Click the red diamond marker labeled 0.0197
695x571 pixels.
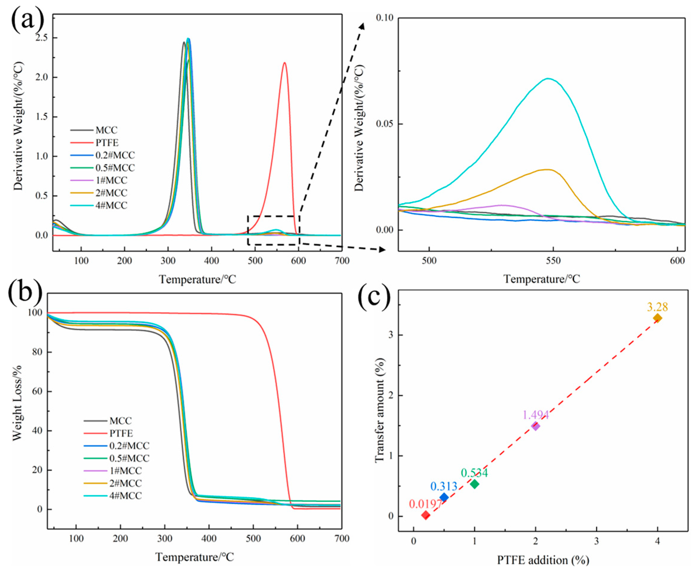tap(425, 515)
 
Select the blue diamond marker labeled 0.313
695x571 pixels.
tap(444, 497)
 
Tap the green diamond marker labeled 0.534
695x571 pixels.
tap(474, 484)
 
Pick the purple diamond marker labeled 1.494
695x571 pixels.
tap(536, 426)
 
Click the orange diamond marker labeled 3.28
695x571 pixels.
tap(658, 318)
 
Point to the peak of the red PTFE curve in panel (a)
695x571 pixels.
tap(284, 63)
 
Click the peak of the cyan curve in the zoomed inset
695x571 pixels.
tap(548, 78)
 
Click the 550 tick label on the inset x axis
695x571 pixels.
tap(553, 261)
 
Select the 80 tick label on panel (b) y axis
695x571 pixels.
tap(37, 352)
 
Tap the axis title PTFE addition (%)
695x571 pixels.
tap(543, 560)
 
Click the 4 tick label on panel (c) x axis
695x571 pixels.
tap(658, 541)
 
